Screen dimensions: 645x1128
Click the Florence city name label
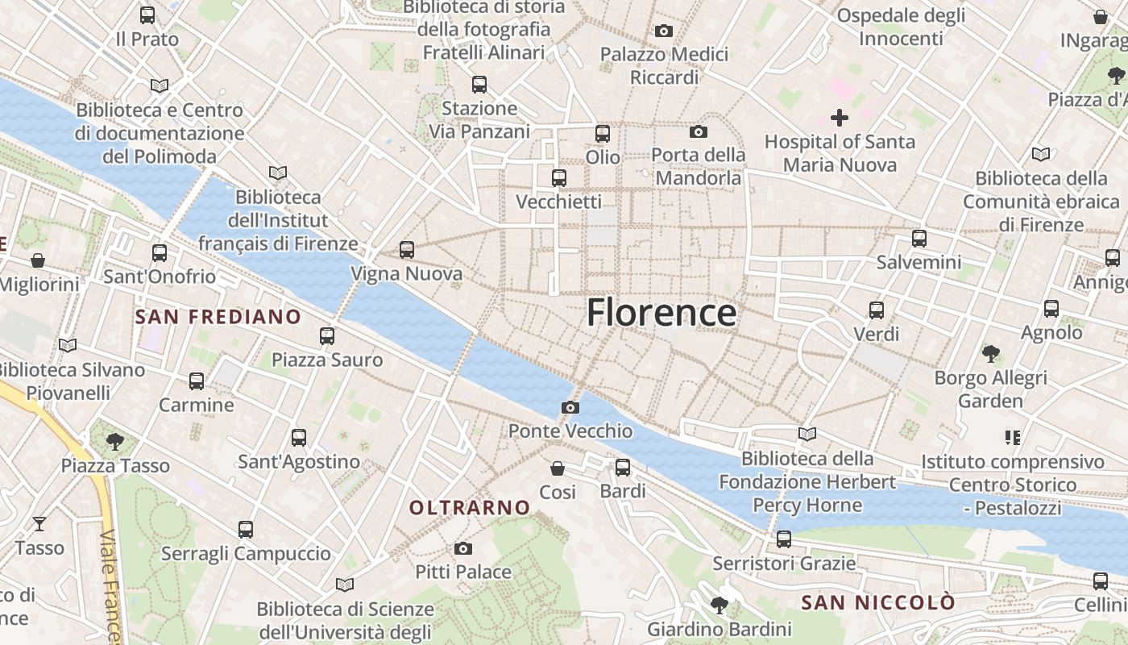[x=661, y=313]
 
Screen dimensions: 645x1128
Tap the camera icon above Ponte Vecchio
[x=570, y=407]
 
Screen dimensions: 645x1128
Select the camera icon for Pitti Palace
[x=463, y=549]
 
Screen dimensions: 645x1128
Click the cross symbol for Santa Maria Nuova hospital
[x=840, y=119]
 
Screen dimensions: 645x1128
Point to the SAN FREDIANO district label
[x=218, y=317]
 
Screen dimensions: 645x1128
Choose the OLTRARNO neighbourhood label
[x=470, y=507]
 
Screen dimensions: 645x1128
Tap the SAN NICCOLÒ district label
[x=878, y=602]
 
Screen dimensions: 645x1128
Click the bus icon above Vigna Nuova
[x=407, y=250]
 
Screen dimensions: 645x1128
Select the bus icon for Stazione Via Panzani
[x=479, y=84]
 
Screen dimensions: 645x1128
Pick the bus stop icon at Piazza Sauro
[x=327, y=335]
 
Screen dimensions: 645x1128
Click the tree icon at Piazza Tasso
[x=115, y=441]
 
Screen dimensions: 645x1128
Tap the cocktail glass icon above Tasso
[x=39, y=524]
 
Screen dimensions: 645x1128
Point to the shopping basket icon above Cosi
[x=558, y=468]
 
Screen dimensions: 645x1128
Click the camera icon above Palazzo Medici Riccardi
[x=664, y=31]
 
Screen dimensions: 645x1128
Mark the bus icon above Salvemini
[x=919, y=239]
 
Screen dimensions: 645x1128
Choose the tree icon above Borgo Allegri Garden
[x=991, y=353]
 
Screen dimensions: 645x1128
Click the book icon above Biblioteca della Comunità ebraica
[x=1041, y=154]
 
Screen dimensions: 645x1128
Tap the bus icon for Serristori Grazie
[x=784, y=539]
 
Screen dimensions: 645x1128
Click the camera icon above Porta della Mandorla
[x=698, y=131]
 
